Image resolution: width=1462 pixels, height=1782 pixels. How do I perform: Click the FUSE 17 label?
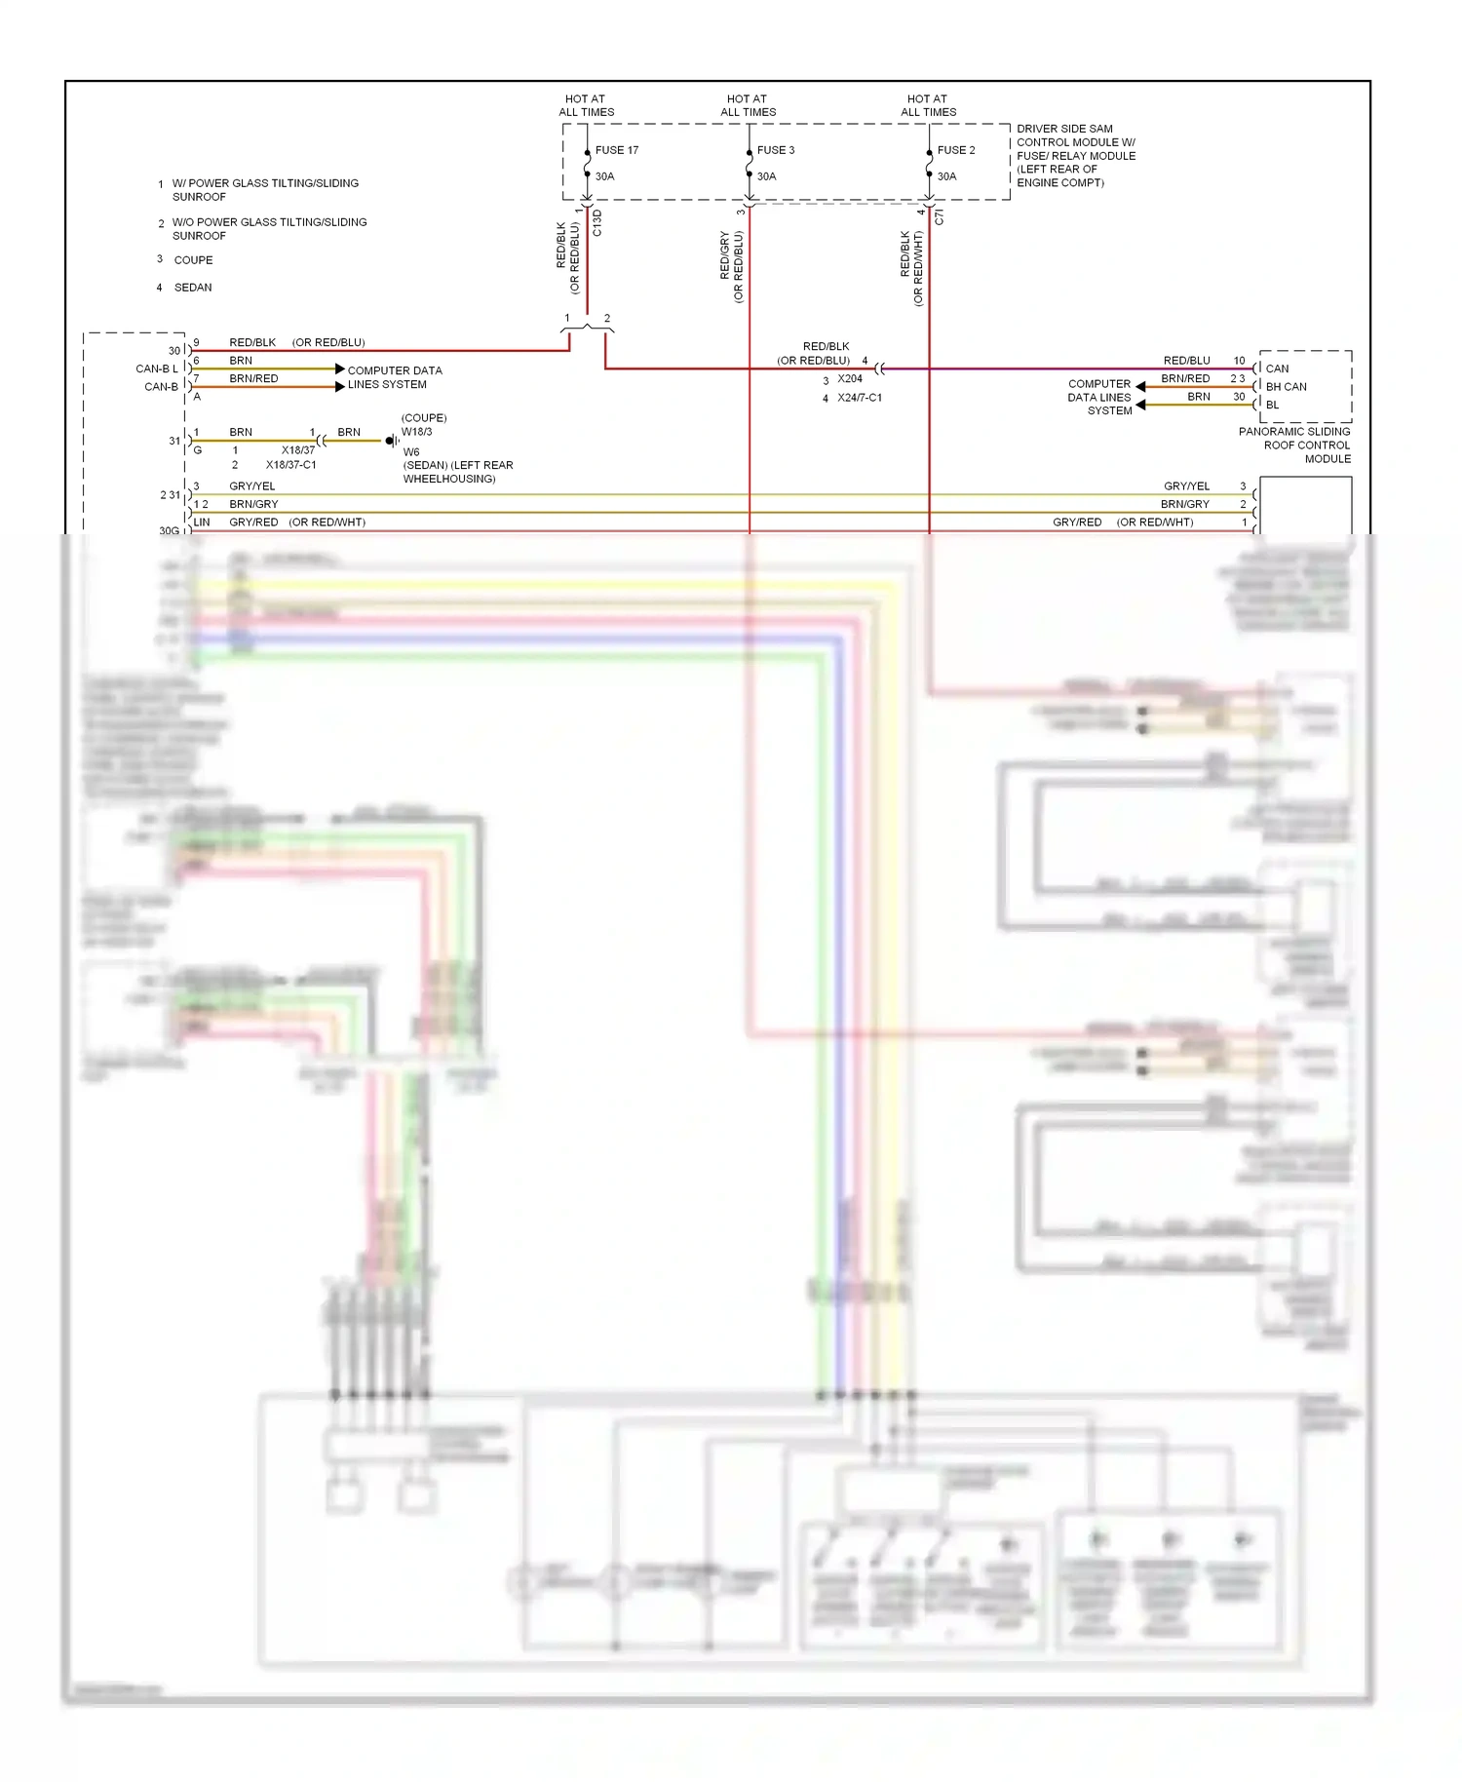616,150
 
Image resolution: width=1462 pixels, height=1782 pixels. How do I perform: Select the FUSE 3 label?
775,150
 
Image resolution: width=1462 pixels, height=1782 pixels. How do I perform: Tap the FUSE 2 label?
955,150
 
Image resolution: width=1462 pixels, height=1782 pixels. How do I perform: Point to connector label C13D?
597,223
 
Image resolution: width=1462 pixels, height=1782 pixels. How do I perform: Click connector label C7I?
940,217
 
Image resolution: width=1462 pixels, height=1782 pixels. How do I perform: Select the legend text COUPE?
193,260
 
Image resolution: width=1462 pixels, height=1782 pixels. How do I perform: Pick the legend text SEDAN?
193,288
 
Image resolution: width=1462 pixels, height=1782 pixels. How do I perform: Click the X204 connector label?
850,379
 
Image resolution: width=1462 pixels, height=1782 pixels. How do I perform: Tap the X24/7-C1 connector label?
859,398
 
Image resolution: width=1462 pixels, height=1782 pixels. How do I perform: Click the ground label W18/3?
416,432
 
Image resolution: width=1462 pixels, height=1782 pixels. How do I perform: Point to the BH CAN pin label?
1286,387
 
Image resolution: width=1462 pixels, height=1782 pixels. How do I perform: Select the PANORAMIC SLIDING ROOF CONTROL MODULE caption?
1294,445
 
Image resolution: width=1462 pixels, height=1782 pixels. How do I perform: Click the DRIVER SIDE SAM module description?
1075,156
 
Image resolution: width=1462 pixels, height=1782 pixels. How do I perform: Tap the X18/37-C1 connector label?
290,465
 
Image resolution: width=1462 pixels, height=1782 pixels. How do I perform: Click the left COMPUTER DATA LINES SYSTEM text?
394,377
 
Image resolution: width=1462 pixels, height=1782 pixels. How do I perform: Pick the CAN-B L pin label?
157,368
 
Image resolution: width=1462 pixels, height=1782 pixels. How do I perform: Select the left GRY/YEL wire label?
251,486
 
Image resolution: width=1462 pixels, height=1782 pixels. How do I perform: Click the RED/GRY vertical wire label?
725,255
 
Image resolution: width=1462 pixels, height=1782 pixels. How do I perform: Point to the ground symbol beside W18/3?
391,441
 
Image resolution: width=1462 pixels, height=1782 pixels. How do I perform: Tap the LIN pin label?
202,523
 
